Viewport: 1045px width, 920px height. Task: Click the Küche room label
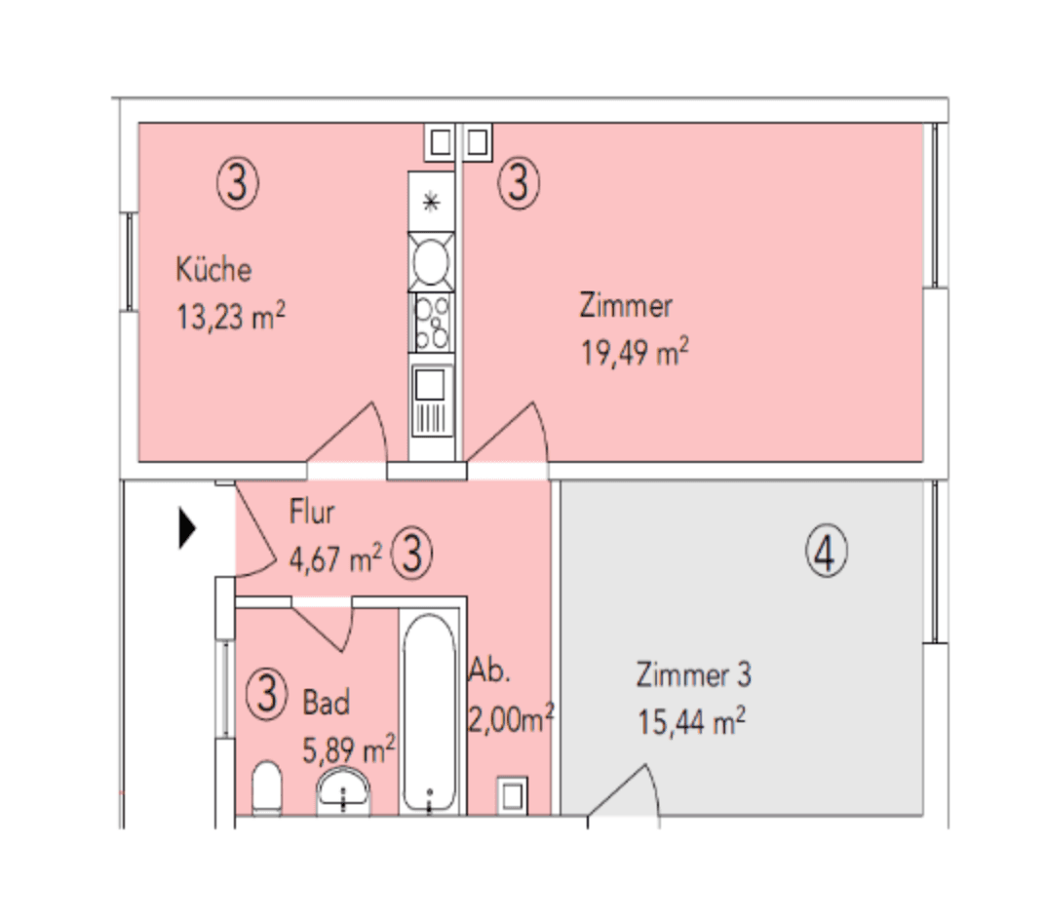tap(213, 269)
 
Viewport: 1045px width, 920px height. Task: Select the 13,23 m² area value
tap(231, 317)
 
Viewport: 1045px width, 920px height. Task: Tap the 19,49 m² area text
tap(635, 353)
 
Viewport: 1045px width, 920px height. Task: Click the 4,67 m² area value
tap(335, 558)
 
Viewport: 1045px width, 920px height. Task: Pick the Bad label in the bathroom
tap(326, 702)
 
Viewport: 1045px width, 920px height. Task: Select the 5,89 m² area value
tap(349, 750)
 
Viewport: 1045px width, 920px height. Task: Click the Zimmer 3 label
tap(693, 674)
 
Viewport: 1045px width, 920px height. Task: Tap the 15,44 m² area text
tap(691, 722)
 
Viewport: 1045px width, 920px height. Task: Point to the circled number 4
tap(826, 554)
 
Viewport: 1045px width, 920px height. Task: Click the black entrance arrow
tap(187, 530)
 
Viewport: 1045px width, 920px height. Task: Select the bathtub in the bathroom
tap(429, 711)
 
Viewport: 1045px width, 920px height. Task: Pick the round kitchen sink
tap(431, 260)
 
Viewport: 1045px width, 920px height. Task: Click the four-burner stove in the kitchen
tap(431, 323)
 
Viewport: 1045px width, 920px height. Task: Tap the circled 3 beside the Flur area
tap(411, 556)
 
